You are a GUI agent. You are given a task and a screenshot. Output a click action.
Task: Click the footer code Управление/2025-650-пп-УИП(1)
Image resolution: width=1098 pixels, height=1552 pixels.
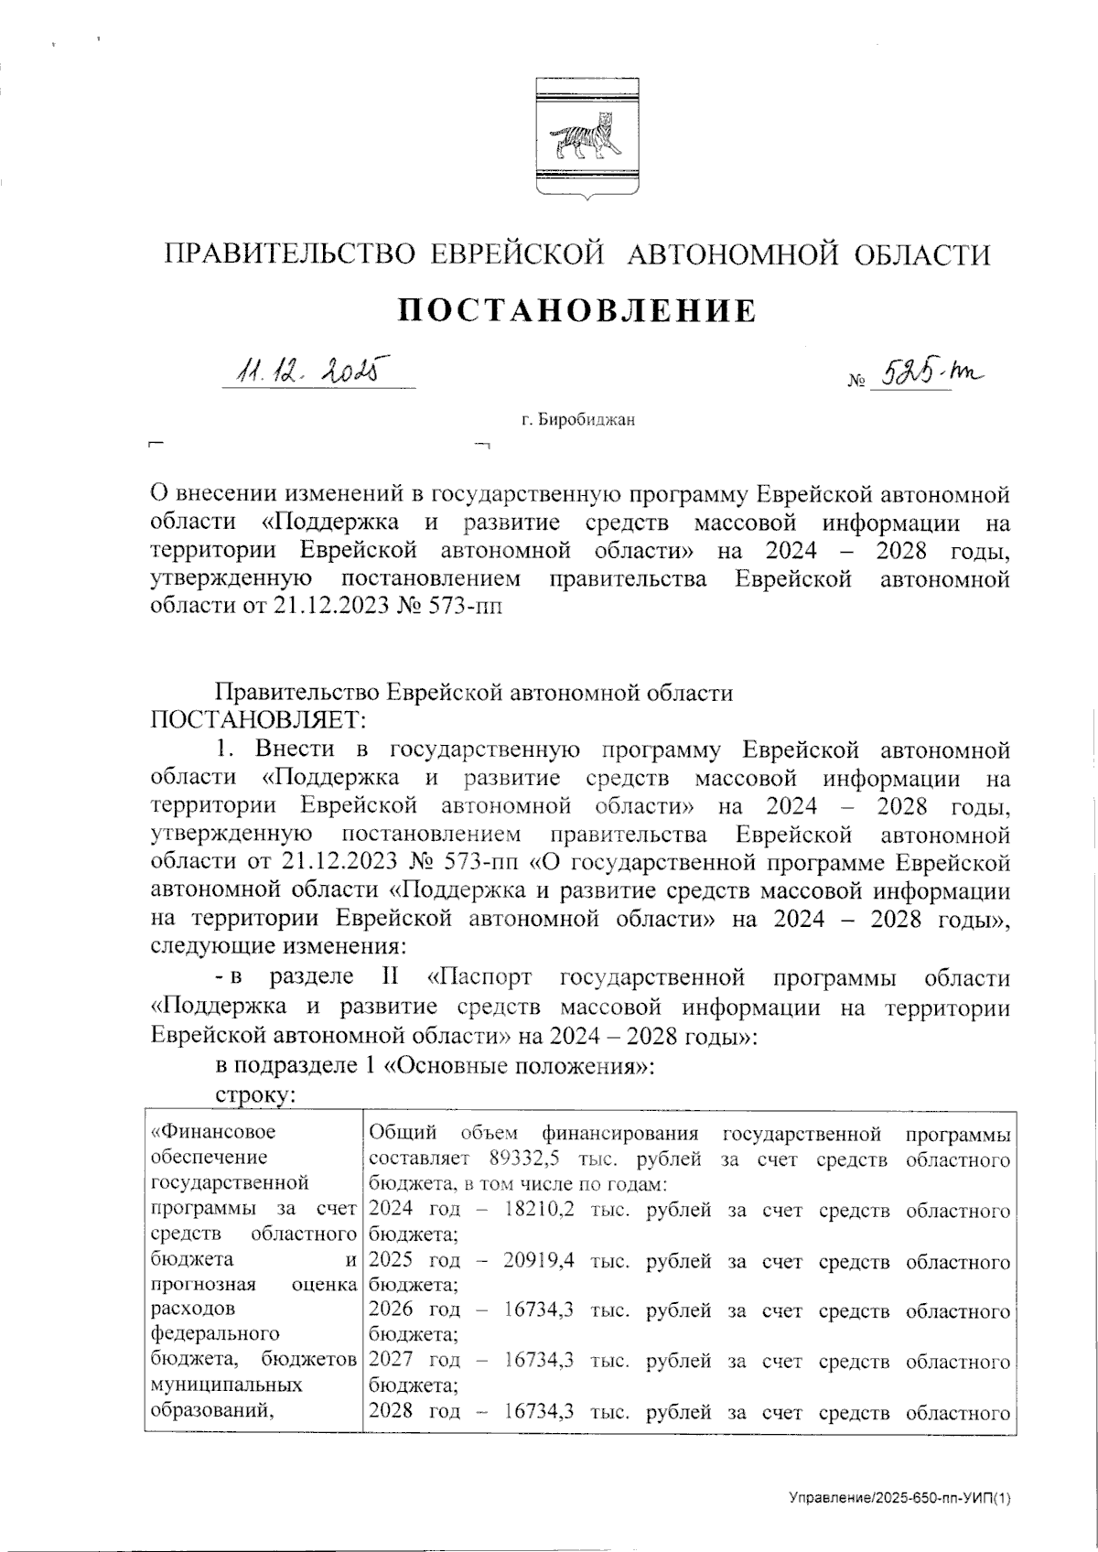click(900, 1498)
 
